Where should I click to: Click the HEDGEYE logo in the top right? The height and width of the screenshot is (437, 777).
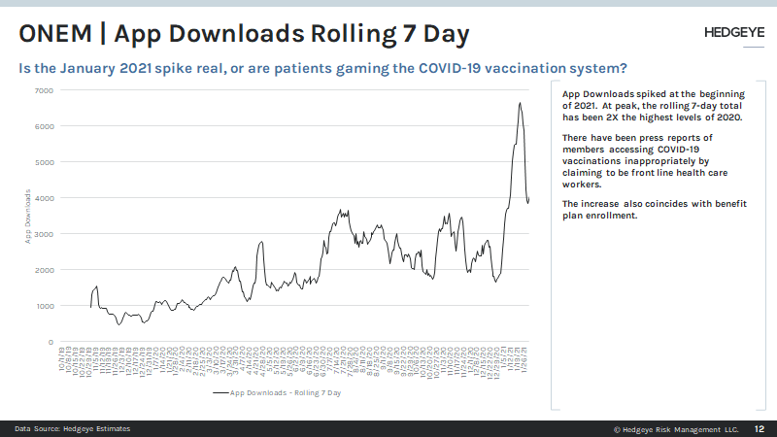pos(730,33)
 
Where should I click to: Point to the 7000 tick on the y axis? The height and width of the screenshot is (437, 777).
pos(45,90)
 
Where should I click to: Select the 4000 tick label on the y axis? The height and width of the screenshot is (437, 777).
pos(45,198)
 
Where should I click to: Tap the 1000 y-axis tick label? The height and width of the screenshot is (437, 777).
pos(45,306)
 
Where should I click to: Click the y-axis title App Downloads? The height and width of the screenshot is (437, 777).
pos(28,216)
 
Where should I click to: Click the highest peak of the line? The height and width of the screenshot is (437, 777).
pos(521,103)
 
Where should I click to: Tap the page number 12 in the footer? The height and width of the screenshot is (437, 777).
pos(760,428)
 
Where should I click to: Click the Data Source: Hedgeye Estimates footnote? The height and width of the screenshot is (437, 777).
pos(72,428)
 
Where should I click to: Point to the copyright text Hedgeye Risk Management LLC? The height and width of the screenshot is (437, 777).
pos(681,428)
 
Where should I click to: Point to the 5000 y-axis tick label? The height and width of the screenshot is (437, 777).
pos(45,162)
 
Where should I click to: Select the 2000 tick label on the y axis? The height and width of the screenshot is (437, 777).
pos(45,270)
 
